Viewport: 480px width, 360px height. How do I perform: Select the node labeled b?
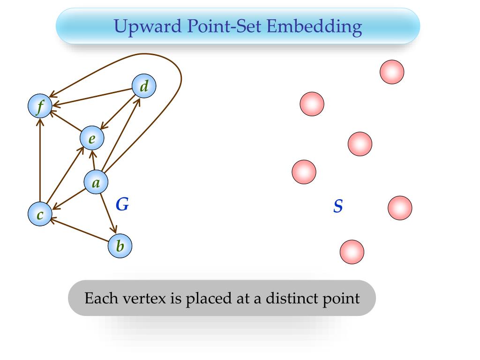click(x=120, y=246)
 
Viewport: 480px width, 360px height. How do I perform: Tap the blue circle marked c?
click(x=40, y=214)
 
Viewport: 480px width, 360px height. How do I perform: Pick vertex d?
click(x=144, y=87)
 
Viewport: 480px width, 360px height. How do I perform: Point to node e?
click(x=92, y=138)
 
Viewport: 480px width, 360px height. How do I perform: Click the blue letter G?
click(x=122, y=204)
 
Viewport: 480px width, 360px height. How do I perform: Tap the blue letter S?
click(x=337, y=206)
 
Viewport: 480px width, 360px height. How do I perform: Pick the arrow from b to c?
click(x=80, y=230)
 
